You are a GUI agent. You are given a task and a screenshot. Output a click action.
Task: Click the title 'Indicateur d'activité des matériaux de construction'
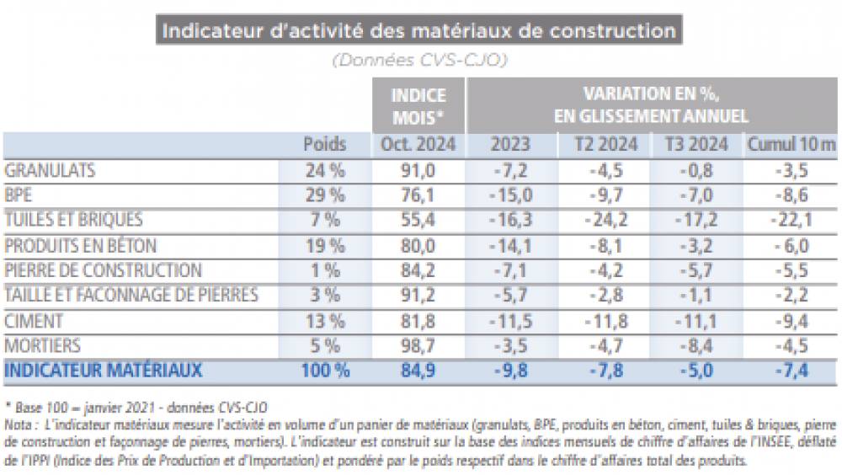[418, 31]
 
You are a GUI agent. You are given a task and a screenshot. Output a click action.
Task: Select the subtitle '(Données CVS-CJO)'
[418, 60]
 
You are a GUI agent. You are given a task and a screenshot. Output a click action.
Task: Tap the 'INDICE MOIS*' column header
[418, 105]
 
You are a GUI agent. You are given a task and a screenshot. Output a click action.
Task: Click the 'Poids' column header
[324, 145]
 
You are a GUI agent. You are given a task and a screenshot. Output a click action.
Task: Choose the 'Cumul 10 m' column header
[791, 145]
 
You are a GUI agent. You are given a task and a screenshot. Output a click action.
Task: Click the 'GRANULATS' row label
[50, 170]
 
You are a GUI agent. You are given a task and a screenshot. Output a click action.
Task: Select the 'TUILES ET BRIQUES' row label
[74, 220]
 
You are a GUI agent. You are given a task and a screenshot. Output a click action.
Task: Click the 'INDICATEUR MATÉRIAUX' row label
[104, 371]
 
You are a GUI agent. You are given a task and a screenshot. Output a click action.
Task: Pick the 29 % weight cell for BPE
[324, 195]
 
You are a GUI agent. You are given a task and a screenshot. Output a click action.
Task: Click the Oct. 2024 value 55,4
[418, 220]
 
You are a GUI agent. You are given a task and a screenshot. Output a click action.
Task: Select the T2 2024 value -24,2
[605, 220]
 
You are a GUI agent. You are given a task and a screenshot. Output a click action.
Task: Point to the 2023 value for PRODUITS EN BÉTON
[512, 246]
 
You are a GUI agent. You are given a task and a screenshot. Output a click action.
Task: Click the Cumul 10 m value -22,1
[791, 220]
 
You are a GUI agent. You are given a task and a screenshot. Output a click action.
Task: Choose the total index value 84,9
[418, 371]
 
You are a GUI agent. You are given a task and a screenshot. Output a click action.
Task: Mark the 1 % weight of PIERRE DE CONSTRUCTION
[324, 270]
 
